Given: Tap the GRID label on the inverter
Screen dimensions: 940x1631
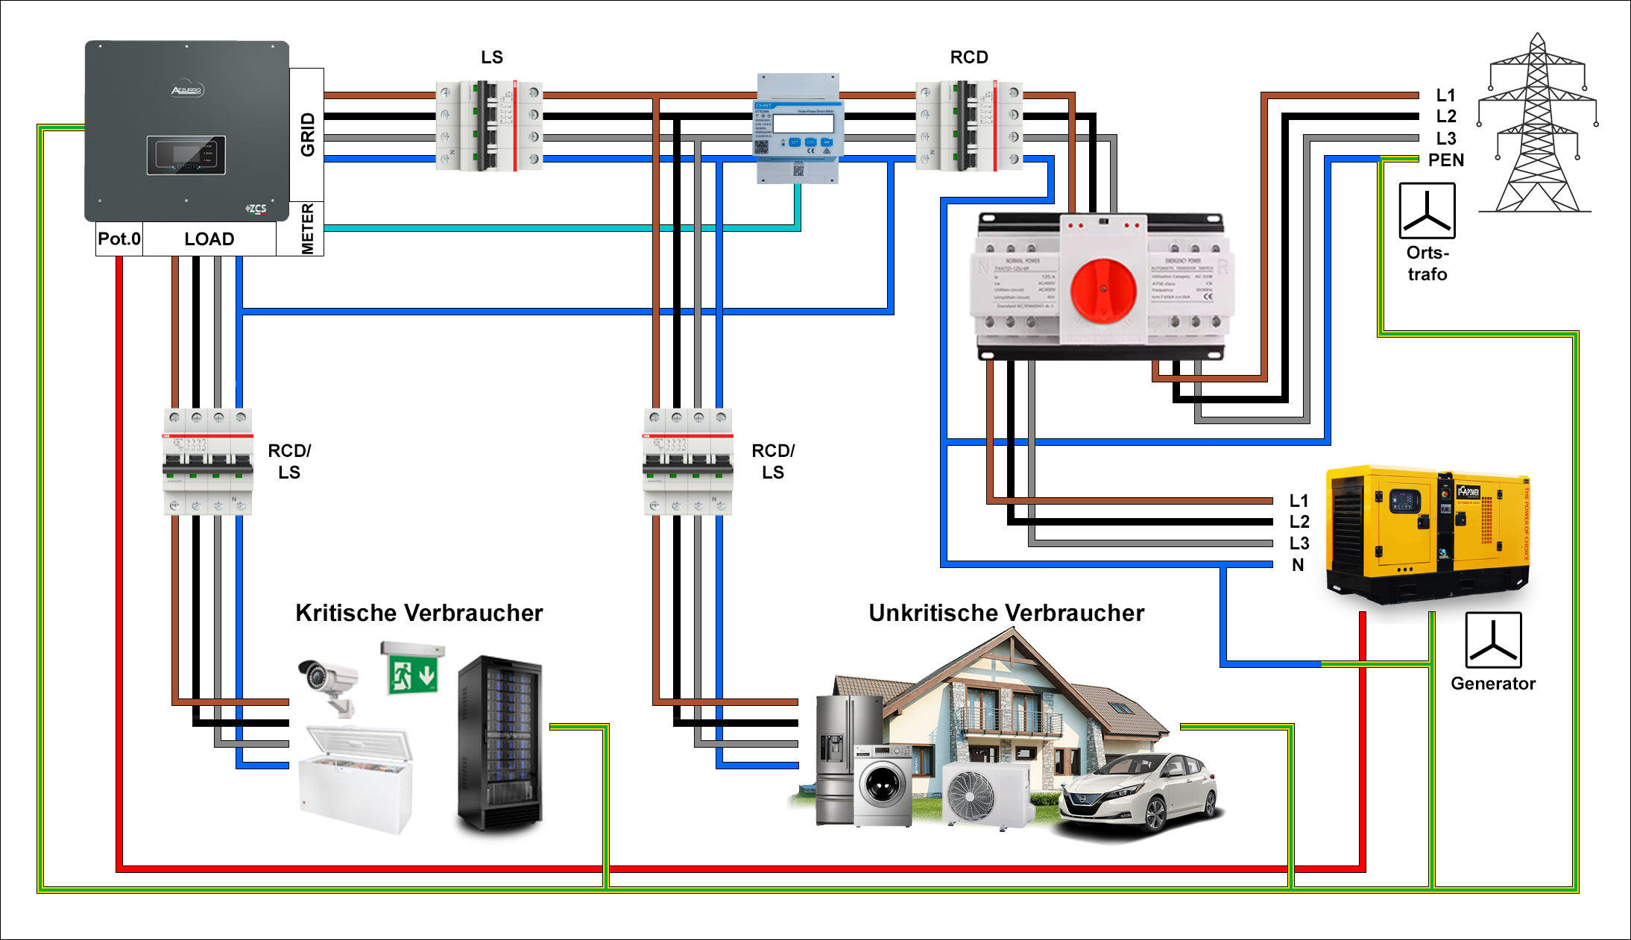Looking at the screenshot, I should tap(307, 134).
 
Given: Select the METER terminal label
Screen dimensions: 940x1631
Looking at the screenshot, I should tap(307, 229).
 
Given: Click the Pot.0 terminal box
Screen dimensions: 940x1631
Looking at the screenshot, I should tap(119, 239).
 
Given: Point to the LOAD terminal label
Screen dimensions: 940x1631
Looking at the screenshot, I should tap(209, 239).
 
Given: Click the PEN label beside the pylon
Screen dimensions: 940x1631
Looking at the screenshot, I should tap(1446, 160).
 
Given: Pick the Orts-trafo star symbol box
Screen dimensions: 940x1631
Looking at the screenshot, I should tap(1427, 211).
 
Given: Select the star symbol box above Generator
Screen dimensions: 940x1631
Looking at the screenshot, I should tap(1493, 640).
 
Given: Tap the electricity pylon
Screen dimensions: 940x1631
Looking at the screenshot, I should tap(1537, 127).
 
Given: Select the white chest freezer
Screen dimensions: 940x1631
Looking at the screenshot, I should tap(356, 779).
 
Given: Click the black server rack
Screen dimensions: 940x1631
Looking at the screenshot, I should tap(500, 742).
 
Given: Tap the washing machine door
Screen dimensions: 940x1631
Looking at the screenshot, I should tap(883, 786).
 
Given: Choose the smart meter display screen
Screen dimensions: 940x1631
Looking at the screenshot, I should tap(803, 122).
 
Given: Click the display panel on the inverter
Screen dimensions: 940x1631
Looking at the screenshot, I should tap(186, 155).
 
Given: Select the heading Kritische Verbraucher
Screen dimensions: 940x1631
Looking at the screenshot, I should tap(419, 613).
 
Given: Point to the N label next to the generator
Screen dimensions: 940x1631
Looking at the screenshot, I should tap(1298, 565).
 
